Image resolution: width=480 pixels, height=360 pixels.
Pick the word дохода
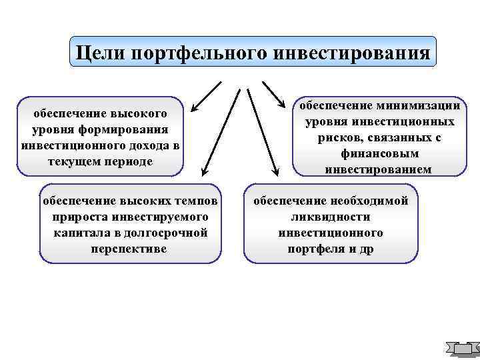click(147, 145)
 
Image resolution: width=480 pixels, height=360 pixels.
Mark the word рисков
click(343, 137)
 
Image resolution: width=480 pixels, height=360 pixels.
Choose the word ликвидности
click(330, 217)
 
